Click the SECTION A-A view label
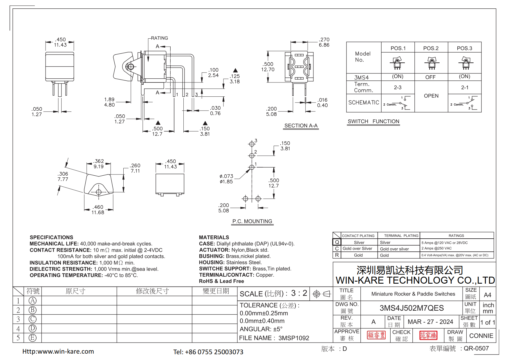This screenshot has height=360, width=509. pyautogui.click(x=301, y=126)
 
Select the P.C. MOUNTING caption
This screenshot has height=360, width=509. pyautogui.click(x=252, y=221)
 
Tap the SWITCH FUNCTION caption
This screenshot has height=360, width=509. pyautogui.click(x=373, y=121)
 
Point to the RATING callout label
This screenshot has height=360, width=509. pyautogui.click(x=159, y=38)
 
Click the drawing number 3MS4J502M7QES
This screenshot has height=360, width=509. pyautogui.click(x=411, y=308)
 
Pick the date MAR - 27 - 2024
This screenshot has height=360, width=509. pyautogui.click(x=430, y=322)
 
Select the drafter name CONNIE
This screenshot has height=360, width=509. pyautogui.click(x=481, y=336)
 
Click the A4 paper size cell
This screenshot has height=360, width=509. pyautogui.click(x=488, y=295)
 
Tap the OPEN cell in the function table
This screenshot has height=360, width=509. pyautogui.click(x=431, y=96)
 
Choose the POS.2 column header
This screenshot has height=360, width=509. pyautogui.click(x=431, y=48)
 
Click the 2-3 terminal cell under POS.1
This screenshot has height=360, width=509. pyautogui.click(x=398, y=87)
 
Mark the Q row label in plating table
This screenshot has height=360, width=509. pyautogui.click(x=337, y=242)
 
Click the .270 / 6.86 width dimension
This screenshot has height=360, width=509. pyautogui.click(x=324, y=42)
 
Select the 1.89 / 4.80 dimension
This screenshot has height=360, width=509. pyautogui.click(x=109, y=102)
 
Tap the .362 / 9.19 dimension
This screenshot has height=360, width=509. pyautogui.click(x=99, y=164)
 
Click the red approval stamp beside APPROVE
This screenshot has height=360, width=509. pyautogui.click(x=376, y=335)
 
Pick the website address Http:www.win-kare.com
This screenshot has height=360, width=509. pyautogui.click(x=58, y=351)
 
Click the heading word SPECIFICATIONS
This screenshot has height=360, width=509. pyautogui.click(x=51, y=237)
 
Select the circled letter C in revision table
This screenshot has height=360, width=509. pyautogui.click(x=33, y=319)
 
